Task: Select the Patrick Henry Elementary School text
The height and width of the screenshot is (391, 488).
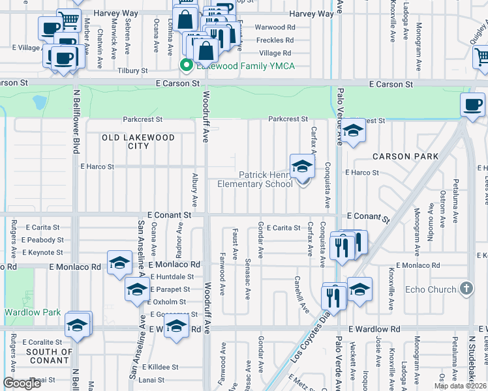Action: point(255,179)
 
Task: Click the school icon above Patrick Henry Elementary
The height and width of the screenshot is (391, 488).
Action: point(302,167)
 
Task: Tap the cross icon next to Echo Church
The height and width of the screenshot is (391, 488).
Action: point(466,289)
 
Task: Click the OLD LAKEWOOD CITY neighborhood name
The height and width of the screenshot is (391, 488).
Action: point(138,141)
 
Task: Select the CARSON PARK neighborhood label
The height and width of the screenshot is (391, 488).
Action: point(404,156)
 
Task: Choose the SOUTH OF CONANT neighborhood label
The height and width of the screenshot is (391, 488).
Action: point(50,356)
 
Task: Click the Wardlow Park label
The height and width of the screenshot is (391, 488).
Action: point(33,312)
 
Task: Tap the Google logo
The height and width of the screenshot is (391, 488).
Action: point(22,383)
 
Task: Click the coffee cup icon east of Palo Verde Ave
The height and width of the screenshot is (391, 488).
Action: point(472,104)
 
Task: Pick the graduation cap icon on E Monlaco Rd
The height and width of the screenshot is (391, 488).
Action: point(119,263)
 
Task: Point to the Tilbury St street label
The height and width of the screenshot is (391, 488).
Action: point(132,70)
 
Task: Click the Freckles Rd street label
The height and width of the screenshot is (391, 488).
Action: point(275,40)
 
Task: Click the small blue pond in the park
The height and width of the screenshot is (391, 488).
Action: point(38,102)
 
